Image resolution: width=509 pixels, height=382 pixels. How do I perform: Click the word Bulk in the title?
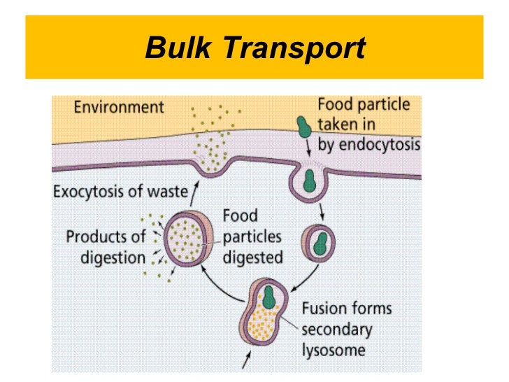point(179,49)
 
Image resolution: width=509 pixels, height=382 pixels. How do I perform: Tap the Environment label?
point(119,108)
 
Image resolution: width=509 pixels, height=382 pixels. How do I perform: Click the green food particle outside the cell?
point(305,127)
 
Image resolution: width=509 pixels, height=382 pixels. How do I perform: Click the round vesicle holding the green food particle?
point(317,242)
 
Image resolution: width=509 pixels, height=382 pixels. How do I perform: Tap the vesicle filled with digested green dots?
point(189,239)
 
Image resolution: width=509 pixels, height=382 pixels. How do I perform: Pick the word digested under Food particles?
point(252,257)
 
